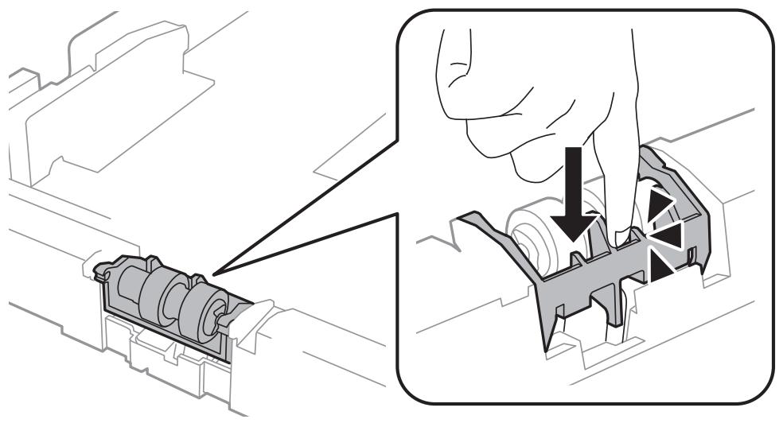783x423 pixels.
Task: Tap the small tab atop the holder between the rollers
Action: (150, 262)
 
